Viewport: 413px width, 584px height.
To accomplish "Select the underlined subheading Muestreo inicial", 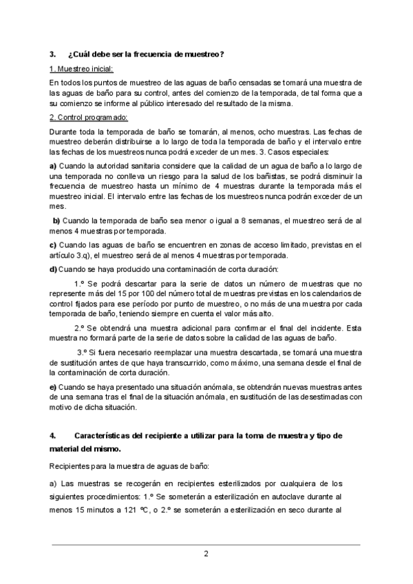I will click(x=83, y=70).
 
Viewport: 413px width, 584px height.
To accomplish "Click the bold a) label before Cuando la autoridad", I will click(x=53, y=166).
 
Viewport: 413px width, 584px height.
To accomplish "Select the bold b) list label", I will click(x=56, y=220).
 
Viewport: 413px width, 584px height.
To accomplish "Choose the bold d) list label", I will click(x=53, y=269).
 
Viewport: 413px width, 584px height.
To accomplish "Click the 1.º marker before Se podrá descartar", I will click(x=78, y=283).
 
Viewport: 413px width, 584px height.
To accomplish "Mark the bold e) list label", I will click(x=53, y=386).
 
